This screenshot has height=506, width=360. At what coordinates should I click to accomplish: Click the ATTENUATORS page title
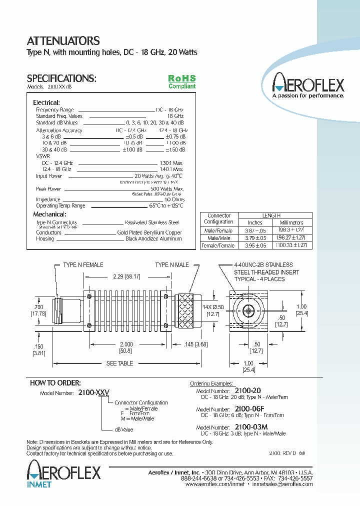(x=63, y=41)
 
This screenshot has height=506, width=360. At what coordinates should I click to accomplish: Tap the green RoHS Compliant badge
(x=181, y=82)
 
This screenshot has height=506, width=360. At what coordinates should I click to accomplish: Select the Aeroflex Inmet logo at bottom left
(x=63, y=473)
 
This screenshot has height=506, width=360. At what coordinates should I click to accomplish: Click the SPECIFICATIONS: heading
(x=61, y=78)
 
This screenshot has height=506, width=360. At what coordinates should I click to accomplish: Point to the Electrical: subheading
(x=46, y=102)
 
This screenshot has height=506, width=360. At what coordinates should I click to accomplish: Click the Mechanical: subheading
(x=49, y=214)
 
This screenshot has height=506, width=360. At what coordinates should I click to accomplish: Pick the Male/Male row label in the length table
(x=218, y=238)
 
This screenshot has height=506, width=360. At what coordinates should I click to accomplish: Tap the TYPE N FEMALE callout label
(x=83, y=265)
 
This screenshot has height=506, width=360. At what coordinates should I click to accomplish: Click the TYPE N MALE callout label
(x=172, y=265)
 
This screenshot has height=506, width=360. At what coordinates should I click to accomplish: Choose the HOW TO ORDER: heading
(x=55, y=383)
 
